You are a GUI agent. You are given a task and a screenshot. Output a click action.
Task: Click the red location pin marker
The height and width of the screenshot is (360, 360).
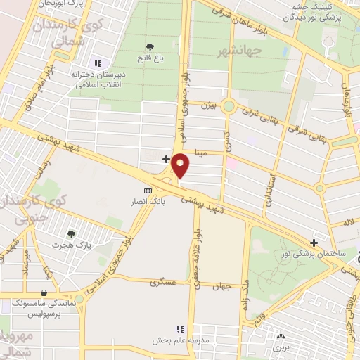coord(181,166)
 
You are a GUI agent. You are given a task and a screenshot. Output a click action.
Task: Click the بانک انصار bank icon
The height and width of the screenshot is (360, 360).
coord(148,191)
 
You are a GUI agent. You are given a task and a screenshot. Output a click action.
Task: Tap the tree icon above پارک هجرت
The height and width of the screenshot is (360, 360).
coord(70,234)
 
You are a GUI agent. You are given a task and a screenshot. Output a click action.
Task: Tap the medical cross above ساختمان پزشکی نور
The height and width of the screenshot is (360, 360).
coord(314,243)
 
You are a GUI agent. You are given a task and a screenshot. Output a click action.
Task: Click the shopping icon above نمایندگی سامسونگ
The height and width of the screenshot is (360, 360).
coord(45,293)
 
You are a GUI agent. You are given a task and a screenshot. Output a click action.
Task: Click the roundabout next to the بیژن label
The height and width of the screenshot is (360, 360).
coord(229,107)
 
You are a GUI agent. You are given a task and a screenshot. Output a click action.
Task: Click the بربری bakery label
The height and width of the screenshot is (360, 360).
coord(282,347)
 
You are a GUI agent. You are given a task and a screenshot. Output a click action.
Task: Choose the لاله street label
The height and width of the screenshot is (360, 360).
coord(348,223)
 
